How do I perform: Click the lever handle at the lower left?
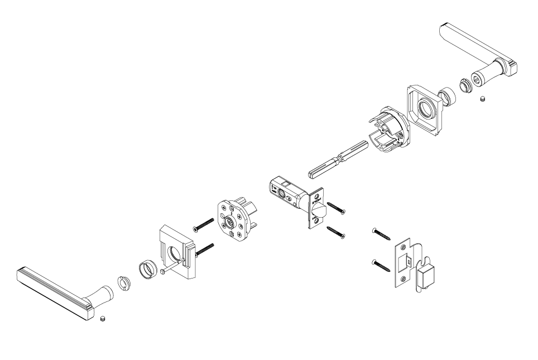coord(56,290)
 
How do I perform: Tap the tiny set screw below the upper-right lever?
coord(483,98)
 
